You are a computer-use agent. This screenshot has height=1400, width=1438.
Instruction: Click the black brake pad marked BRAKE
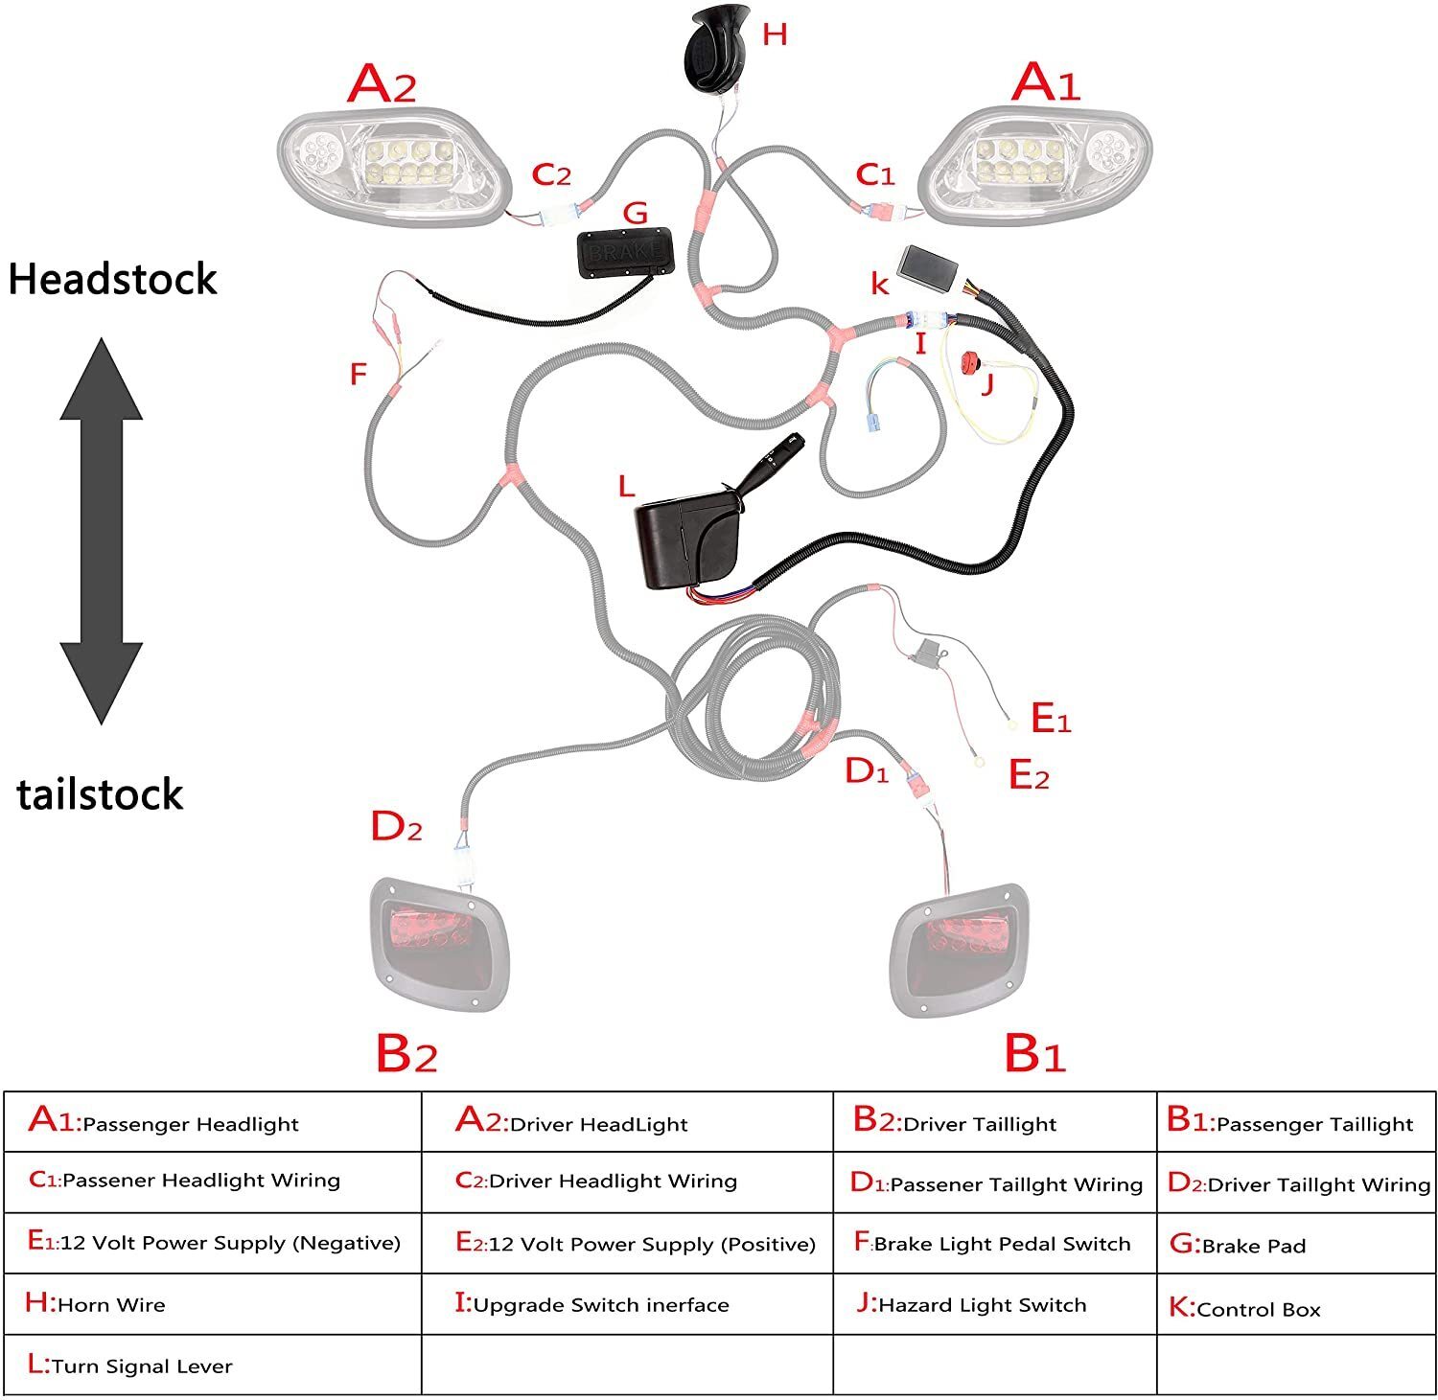tap(624, 252)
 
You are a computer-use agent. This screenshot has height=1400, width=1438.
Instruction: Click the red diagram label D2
tap(396, 826)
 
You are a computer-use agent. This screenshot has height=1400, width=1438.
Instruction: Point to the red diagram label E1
tap(1050, 718)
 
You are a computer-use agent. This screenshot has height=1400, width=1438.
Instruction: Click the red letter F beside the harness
tap(358, 374)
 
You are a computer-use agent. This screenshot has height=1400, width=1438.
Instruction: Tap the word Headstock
tap(112, 280)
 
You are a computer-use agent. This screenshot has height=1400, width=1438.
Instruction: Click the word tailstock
tap(100, 795)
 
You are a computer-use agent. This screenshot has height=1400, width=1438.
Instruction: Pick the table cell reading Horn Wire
tap(212, 1303)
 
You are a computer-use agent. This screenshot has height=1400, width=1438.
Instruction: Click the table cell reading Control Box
tap(1295, 1307)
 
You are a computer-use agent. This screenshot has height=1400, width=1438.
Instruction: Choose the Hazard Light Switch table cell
tap(994, 1303)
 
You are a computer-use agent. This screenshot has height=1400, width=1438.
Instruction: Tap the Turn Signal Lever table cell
tap(212, 1365)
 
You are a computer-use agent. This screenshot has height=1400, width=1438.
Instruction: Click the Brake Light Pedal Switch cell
tap(994, 1243)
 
